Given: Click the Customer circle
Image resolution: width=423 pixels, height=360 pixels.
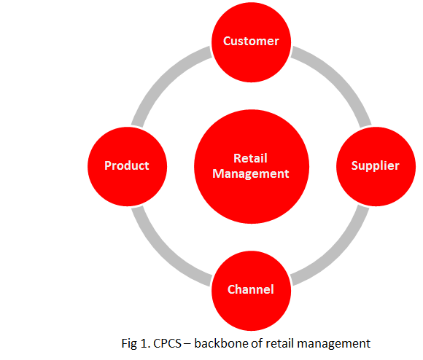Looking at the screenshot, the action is pyautogui.click(x=251, y=42).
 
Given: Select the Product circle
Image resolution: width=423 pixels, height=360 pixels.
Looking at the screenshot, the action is pyautogui.click(x=128, y=167).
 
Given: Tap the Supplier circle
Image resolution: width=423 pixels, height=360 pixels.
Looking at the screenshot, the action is pyautogui.click(x=376, y=167).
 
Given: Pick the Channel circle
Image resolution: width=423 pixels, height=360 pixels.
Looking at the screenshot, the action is pyautogui.click(x=251, y=291).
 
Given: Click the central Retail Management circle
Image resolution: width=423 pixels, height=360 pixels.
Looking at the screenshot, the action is pyautogui.click(x=252, y=167).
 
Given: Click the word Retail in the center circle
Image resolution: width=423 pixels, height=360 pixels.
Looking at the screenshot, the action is pyautogui.click(x=250, y=158).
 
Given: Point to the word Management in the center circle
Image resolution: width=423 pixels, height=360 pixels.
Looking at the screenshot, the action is pyautogui.click(x=251, y=173).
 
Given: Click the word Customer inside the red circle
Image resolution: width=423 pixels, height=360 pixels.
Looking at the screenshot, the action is pyautogui.click(x=251, y=41).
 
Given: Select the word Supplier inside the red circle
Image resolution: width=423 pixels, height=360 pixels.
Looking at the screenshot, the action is pyautogui.click(x=376, y=165).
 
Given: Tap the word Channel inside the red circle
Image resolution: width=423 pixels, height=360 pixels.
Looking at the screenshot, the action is pyautogui.click(x=251, y=289).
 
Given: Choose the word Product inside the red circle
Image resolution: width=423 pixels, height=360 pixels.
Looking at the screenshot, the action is pyautogui.click(x=126, y=165).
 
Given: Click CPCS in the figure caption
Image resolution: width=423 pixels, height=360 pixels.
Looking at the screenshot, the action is pyautogui.click(x=167, y=343).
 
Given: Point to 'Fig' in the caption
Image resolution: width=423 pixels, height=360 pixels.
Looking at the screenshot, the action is pyautogui.click(x=129, y=344).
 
